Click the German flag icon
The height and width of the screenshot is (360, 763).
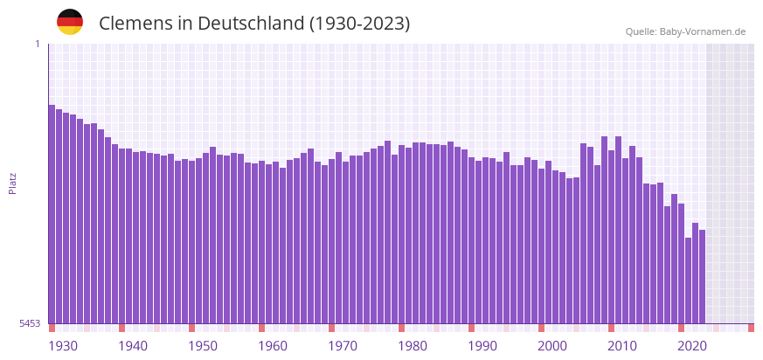click(70, 22)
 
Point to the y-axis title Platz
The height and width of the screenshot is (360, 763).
click(12, 183)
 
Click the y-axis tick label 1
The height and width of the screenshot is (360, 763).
click(38, 44)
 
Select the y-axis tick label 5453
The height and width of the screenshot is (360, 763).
click(30, 323)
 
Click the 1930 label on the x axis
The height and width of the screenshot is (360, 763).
click(63, 346)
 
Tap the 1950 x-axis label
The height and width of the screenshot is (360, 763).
click(203, 346)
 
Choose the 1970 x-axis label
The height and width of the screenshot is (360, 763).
click(343, 346)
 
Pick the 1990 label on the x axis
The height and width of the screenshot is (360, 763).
click(482, 346)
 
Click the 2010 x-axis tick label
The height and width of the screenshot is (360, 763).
click(622, 346)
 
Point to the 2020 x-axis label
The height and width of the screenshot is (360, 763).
click(692, 346)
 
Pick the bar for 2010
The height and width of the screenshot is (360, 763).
click(611, 237)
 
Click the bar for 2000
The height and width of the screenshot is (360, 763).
click(541, 246)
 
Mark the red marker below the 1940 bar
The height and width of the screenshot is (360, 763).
click(121, 328)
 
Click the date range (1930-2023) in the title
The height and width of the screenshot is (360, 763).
click(360, 24)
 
